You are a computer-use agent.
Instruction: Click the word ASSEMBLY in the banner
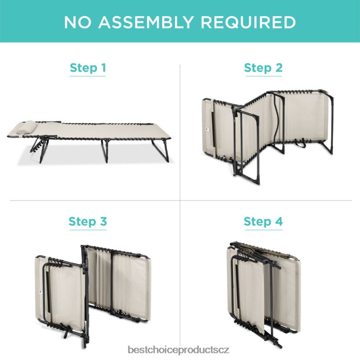[x=146, y=22]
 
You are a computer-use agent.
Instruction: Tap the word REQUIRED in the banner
[x=249, y=22]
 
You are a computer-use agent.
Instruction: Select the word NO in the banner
[x=77, y=22]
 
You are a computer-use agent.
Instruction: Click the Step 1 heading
[x=87, y=68]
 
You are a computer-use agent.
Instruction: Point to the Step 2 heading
[x=263, y=68]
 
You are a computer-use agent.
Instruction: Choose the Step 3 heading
[x=87, y=222]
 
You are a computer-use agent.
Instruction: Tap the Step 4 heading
[x=263, y=222]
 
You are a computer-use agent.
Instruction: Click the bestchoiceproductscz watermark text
[x=178, y=350]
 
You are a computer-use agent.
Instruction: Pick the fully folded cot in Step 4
[x=264, y=295]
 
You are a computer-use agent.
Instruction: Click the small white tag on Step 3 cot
[x=39, y=292]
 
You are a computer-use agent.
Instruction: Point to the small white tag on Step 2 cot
[x=206, y=129]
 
